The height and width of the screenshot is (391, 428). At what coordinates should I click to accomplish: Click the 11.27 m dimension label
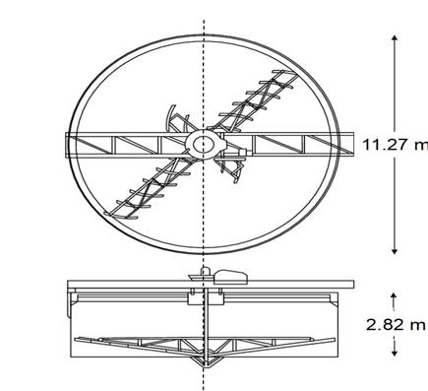396,145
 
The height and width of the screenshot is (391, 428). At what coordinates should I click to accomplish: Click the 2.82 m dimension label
396,325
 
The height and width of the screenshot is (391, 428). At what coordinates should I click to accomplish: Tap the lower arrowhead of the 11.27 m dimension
395,251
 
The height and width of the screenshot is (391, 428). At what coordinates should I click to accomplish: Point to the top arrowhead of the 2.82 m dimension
395,295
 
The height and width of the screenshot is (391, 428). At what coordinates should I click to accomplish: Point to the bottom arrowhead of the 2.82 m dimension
395,354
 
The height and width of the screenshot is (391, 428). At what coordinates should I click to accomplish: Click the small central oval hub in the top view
204,145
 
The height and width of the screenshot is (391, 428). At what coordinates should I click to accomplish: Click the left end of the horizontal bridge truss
66,146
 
